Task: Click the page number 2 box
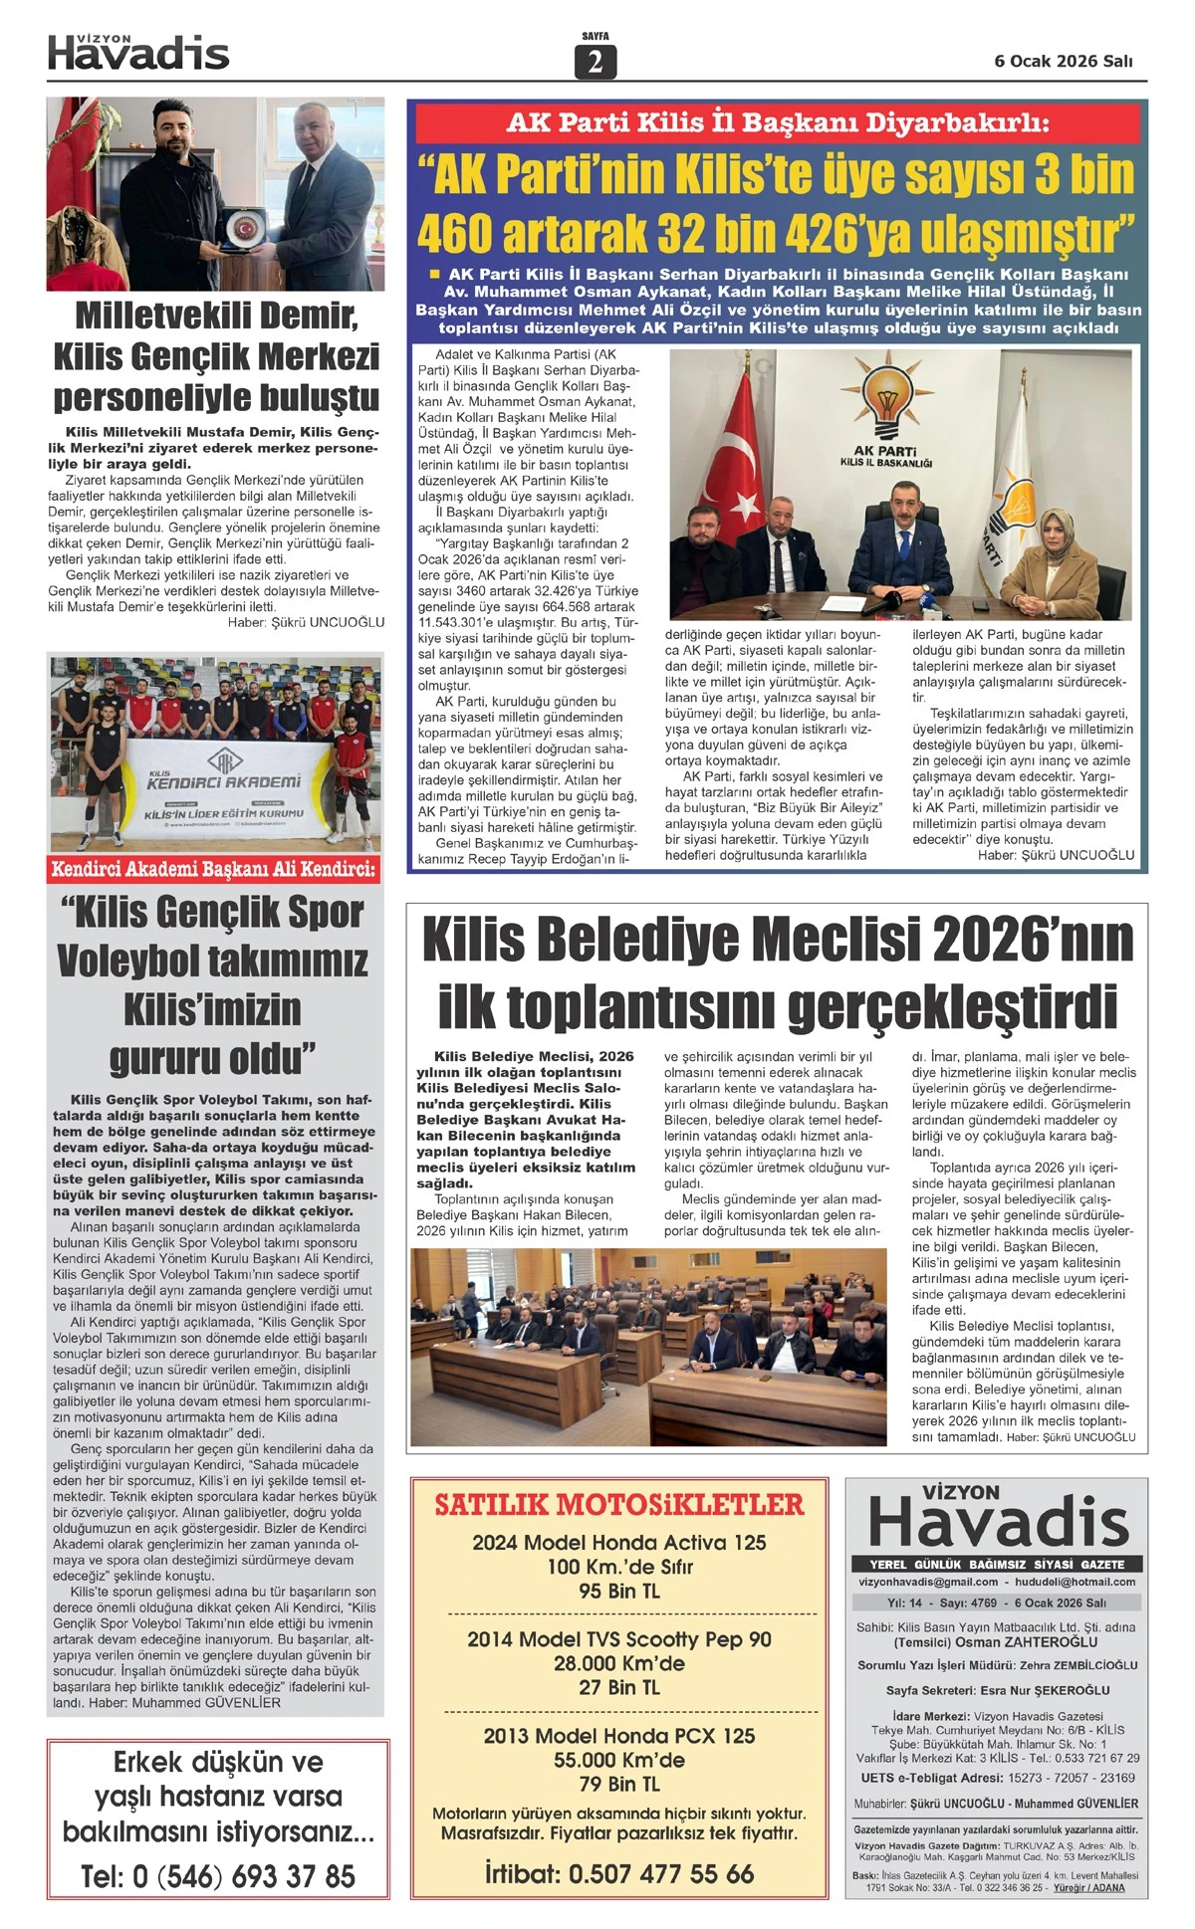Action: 596,62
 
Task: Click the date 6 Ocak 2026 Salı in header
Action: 1064,61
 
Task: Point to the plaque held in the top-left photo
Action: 241,229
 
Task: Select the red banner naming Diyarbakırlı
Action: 777,123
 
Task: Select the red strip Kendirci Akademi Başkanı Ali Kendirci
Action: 214,869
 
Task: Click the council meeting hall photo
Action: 648,1347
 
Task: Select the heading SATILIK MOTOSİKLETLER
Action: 618,1504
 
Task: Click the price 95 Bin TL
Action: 618,1591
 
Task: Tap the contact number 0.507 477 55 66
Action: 660,1873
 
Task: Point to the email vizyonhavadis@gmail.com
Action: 928,1582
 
